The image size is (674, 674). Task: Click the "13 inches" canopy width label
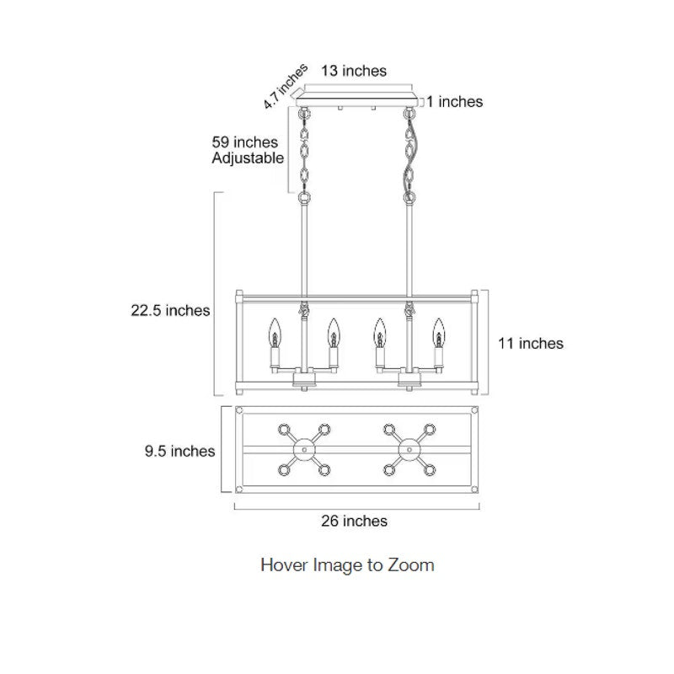tap(354, 71)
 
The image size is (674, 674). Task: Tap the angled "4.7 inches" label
tap(286, 86)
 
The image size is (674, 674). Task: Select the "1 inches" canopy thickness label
tap(454, 101)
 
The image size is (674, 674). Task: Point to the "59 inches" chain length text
tap(244, 142)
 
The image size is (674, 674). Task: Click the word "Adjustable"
tap(248, 158)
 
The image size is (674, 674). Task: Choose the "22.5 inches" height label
tap(170, 310)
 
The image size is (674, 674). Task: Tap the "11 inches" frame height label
tap(531, 344)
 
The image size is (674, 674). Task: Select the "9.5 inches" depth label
tap(179, 451)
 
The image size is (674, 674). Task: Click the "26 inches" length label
tap(354, 521)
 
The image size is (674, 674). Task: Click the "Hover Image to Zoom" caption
tap(347, 564)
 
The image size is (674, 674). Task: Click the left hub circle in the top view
tap(304, 450)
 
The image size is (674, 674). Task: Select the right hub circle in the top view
tap(409, 450)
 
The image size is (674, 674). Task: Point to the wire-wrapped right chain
tap(409, 155)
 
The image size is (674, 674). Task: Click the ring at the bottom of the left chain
tap(304, 198)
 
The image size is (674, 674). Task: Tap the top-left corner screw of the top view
tap(239, 410)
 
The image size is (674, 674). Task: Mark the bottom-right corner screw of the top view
tap(474, 489)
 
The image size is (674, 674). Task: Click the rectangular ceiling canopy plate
tap(356, 100)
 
